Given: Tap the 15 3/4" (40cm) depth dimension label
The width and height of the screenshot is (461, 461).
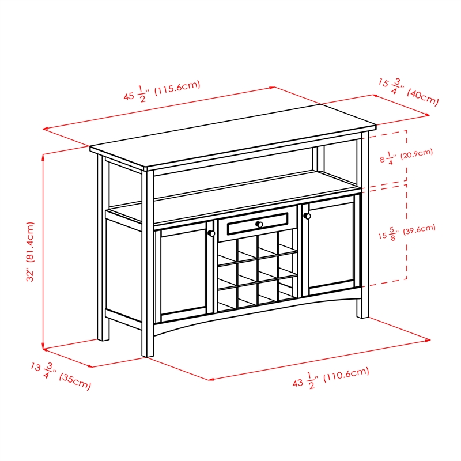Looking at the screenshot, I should (x=408, y=92).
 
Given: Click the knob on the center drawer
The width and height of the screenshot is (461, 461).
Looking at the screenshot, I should (x=260, y=224).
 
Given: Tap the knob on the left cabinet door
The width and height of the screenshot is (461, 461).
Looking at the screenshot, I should (x=211, y=233).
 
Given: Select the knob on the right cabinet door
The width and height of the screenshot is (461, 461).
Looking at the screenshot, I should (x=307, y=216).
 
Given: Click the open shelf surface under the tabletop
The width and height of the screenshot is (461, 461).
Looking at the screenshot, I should (x=242, y=190).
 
